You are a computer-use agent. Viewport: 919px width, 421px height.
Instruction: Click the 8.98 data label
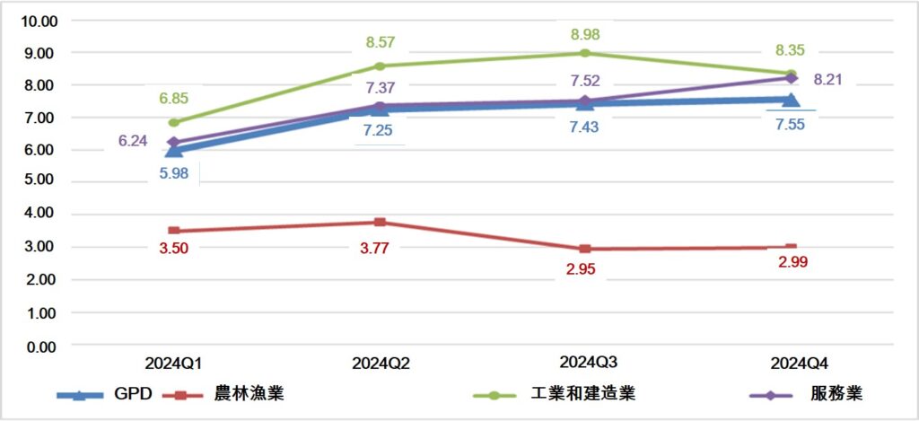click(x=584, y=34)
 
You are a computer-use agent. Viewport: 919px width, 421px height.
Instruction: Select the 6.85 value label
click(x=174, y=99)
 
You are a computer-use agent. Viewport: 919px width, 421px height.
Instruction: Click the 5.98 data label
click(x=174, y=173)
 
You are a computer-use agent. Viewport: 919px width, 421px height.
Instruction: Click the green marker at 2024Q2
click(x=380, y=66)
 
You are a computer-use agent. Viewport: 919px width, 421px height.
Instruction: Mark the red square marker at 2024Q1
click(x=174, y=231)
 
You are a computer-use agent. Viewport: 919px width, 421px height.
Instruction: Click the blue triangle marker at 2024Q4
click(x=791, y=100)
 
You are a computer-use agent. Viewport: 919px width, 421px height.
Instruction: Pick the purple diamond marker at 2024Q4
click(x=791, y=78)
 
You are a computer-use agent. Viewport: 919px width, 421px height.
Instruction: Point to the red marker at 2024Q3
click(x=584, y=249)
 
